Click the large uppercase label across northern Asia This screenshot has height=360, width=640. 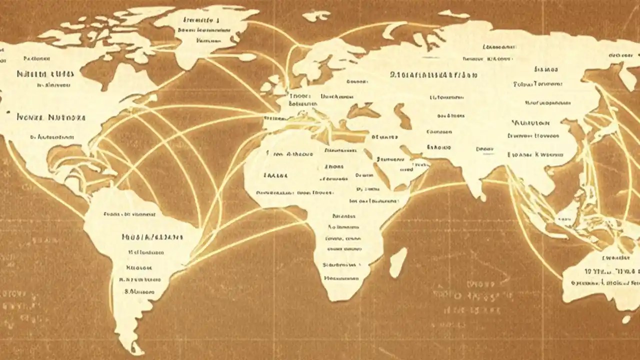point(433,75)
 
